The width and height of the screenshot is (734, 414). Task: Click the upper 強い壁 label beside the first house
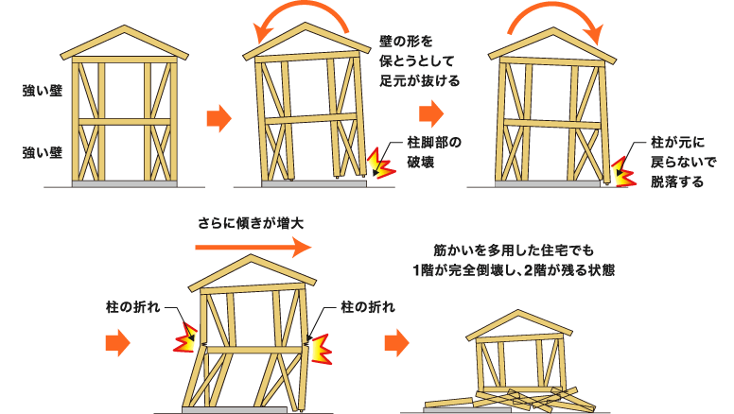[x=42, y=92]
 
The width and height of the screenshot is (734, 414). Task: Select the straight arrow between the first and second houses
[x=218, y=119]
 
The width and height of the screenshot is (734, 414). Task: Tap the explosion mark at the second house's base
[x=380, y=164]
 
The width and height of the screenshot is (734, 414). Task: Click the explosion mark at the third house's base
[x=621, y=171]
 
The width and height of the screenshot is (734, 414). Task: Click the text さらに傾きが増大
[x=251, y=224]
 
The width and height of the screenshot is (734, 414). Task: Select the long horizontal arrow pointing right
[x=252, y=248]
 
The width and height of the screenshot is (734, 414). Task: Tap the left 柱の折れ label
[x=133, y=308]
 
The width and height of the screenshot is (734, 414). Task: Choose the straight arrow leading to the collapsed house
[x=397, y=342]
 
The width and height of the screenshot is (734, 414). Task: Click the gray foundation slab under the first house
[x=124, y=183]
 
